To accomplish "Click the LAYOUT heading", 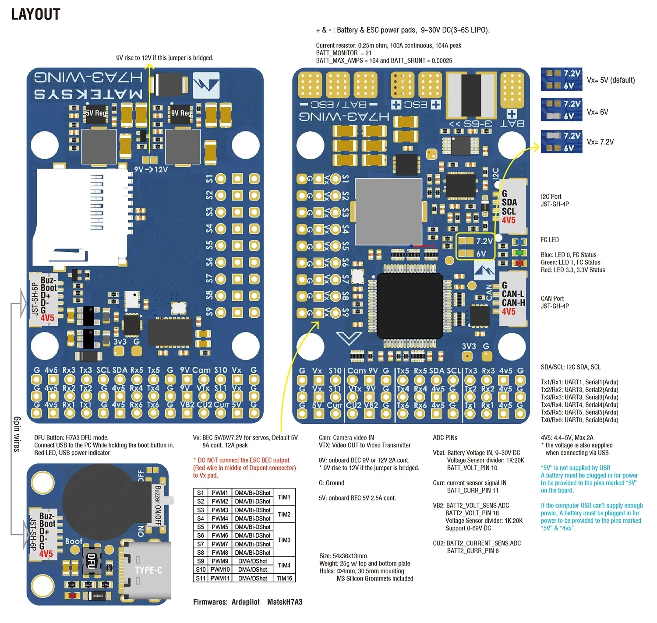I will [35, 14].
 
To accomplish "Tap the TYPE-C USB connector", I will [148, 570].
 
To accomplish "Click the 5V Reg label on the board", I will [95, 113].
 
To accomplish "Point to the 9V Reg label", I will [181, 113].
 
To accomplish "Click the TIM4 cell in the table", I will [284, 565].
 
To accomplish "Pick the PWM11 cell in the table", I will [220, 578].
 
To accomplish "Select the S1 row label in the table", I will [200, 493].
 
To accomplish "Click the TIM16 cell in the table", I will [284, 578].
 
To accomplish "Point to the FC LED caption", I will [550, 240].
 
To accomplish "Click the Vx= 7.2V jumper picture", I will [561, 142].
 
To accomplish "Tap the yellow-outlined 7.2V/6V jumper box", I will [475, 247].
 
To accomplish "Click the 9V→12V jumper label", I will [151, 169].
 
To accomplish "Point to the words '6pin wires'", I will [17, 434].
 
